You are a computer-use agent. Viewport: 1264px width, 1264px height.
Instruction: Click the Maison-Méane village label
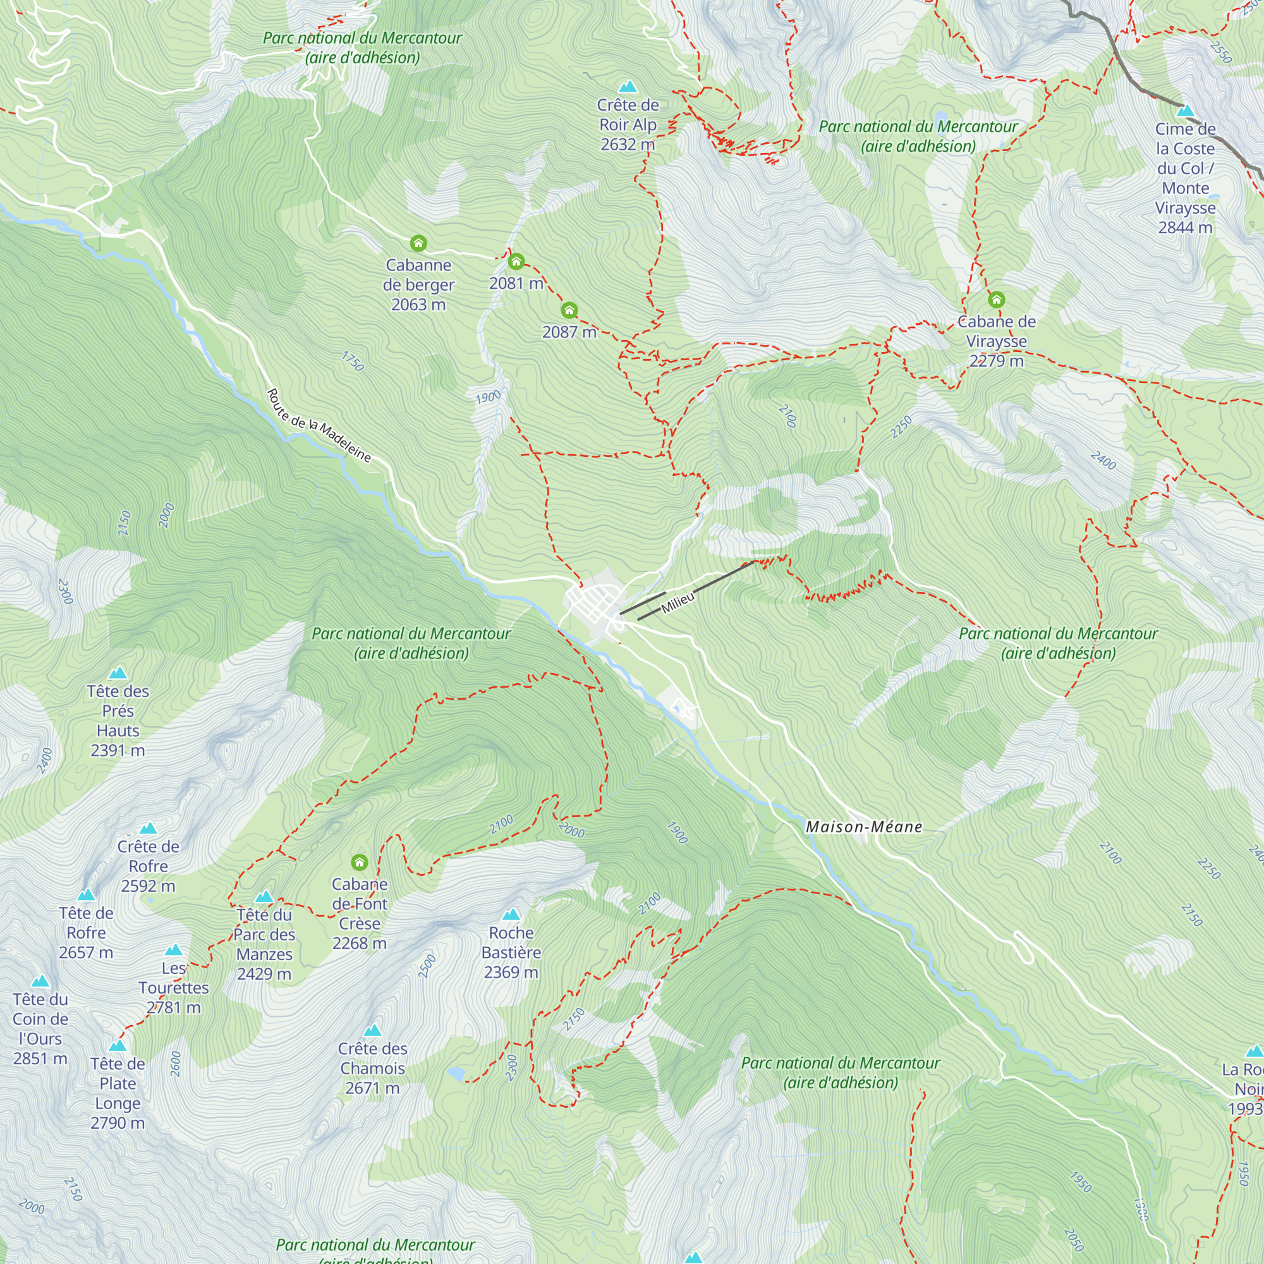point(863,827)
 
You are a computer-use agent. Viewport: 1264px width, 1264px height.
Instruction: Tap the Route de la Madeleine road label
point(319,426)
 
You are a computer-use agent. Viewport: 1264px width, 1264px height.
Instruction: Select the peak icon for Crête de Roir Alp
point(628,87)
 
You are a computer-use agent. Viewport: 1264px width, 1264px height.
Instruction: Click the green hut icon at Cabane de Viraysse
point(996,300)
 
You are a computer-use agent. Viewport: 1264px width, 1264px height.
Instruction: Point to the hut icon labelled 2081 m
point(516,262)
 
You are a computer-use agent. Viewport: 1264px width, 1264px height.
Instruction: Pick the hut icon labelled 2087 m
point(569,310)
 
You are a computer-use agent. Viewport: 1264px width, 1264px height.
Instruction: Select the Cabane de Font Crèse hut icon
point(359,861)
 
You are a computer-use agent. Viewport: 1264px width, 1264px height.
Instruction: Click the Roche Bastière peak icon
point(511,914)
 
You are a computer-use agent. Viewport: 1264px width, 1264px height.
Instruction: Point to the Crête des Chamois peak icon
point(372,1030)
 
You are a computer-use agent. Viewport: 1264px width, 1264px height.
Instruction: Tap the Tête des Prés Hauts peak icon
point(118,672)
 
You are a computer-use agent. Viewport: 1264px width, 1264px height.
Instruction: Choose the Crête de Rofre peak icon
point(149,828)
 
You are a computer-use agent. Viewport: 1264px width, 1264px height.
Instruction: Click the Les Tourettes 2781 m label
point(173,987)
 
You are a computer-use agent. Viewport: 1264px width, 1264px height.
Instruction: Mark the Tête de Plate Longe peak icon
point(118,1045)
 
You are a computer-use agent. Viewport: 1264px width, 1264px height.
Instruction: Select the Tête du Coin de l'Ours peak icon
point(40,981)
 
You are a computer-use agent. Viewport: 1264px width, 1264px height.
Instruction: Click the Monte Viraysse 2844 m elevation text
point(1185,228)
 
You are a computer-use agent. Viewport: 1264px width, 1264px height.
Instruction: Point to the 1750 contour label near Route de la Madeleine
point(353,361)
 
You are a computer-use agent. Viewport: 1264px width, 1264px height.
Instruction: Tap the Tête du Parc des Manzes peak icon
point(264,896)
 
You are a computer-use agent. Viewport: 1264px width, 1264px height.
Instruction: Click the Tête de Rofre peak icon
point(87,894)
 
